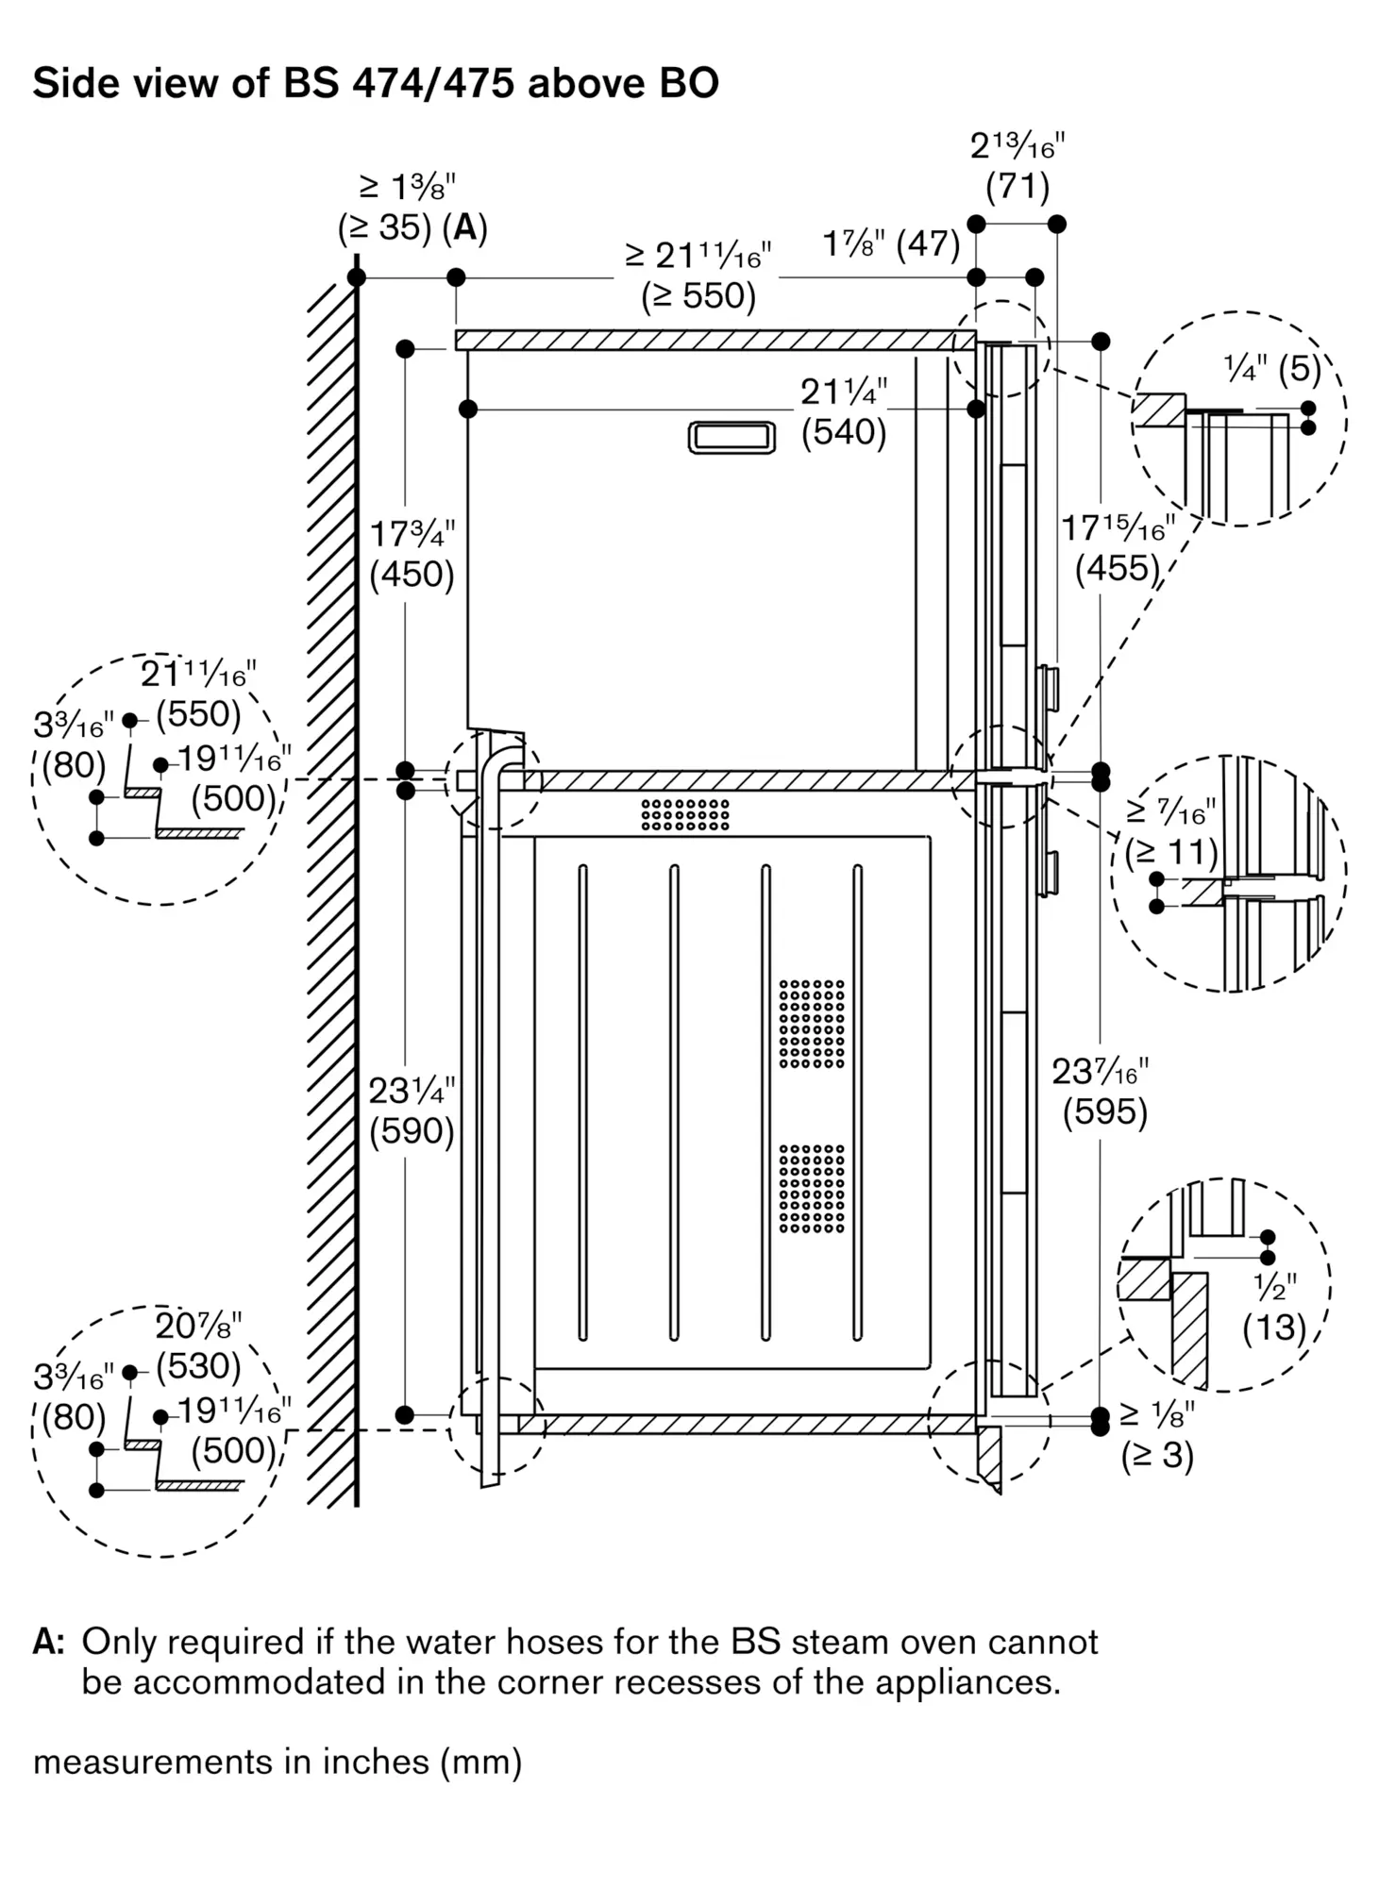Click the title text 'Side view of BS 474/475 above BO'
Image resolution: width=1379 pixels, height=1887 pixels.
coord(376,83)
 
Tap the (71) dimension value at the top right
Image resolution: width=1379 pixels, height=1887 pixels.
coord(1017,187)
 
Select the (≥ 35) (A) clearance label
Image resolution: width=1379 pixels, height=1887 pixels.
coord(412,228)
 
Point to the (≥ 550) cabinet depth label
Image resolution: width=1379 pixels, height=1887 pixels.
coord(698,296)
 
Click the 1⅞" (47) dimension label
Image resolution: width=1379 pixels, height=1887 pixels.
coord(891,244)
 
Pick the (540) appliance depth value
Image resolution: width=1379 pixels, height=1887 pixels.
coord(844,432)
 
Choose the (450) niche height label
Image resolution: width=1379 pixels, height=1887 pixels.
coord(412,575)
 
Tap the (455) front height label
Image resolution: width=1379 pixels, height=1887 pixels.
coord(1117,568)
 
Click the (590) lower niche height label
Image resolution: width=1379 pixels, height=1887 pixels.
coord(412,1130)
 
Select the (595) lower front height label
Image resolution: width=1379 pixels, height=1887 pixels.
coord(1104,1112)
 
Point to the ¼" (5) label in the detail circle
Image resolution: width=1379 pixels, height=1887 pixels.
coord(1271,369)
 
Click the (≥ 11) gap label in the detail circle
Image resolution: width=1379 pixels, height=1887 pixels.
coord(1171,852)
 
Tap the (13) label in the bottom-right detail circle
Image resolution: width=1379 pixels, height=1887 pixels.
coord(1273,1328)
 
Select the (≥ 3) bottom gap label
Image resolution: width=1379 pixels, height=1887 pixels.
coord(1157,1455)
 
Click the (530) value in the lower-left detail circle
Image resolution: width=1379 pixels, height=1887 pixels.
coord(198,1365)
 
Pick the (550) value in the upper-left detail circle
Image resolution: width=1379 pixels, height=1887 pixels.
coord(198,713)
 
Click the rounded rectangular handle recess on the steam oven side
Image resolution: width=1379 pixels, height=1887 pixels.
coord(732,438)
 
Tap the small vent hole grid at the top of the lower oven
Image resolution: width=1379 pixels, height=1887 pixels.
coord(685,814)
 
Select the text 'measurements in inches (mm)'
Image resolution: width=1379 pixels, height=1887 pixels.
coord(277,1762)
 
